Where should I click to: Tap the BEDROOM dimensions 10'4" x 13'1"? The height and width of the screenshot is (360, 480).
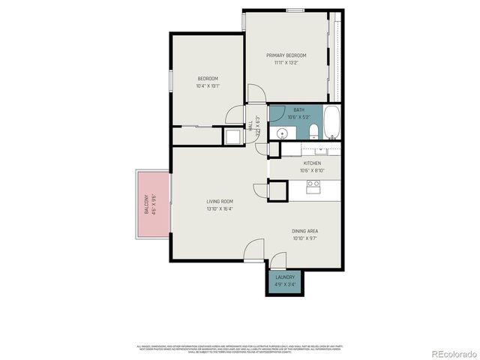point(208,85)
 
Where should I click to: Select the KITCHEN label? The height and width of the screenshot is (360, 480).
point(312,163)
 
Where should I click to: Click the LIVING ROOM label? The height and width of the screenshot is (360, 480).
point(220,201)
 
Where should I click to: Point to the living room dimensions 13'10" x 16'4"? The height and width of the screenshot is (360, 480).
point(220,208)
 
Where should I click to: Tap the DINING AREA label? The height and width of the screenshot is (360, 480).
point(306,231)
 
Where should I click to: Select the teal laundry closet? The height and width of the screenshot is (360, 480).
point(284,281)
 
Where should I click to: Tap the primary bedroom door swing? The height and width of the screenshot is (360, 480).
point(256,94)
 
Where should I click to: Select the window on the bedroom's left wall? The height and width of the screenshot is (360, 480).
point(172,79)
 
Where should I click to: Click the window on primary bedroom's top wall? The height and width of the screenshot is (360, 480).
point(295,10)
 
